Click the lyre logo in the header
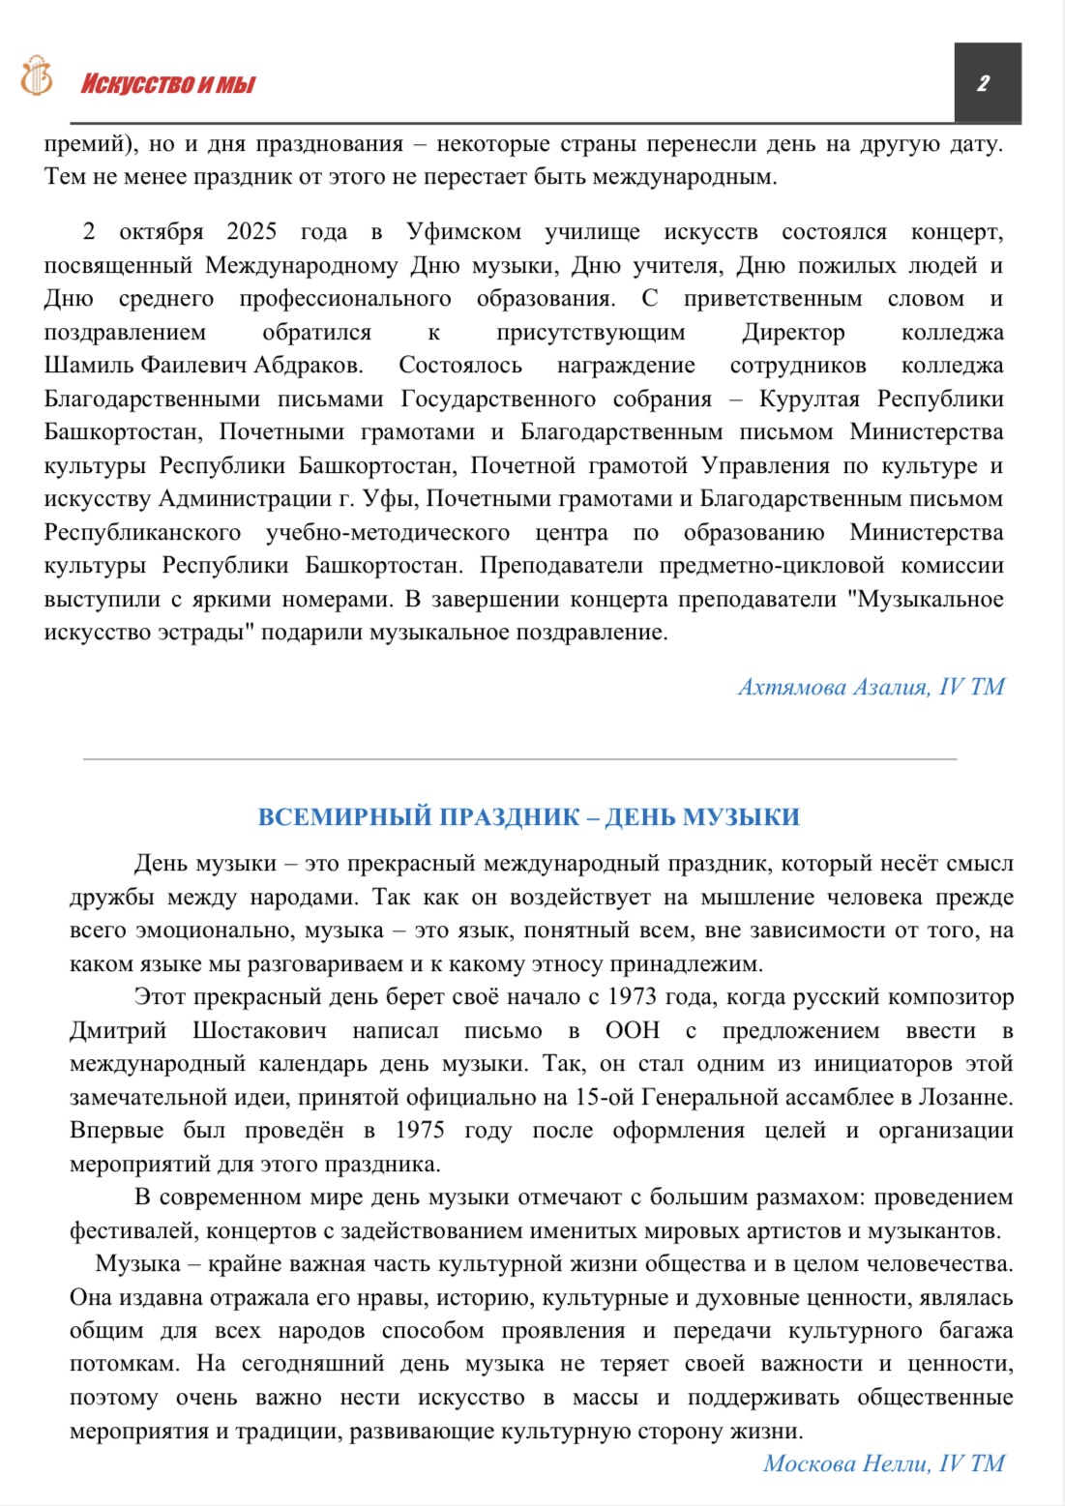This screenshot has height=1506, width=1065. pyautogui.click(x=37, y=75)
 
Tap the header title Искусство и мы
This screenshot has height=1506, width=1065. pyautogui.click(x=167, y=84)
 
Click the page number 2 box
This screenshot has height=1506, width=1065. pyautogui.click(x=987, y=83)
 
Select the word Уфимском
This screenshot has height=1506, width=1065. pyautogui.click(x=463, y=232)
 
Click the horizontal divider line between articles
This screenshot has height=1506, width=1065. pyautogui.click(x=519, y=759)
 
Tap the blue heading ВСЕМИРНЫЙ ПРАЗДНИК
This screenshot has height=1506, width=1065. pyautogui.click(x=528, y=817)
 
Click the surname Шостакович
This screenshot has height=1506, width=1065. pyautogui.click(x=259, y=1031)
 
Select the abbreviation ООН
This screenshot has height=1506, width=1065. pyautogui.click(x=633, y=1031)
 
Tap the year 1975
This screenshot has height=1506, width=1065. pyautogui.click(x=419, y=1131)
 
